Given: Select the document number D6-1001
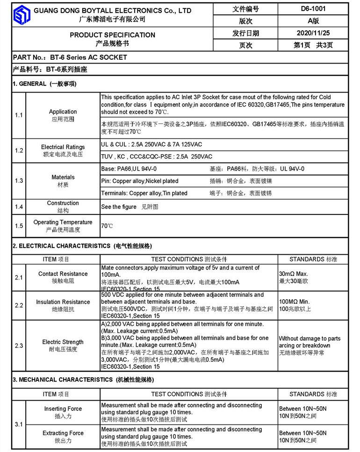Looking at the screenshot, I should click(313, 8).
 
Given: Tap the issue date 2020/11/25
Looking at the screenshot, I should click(313, 33).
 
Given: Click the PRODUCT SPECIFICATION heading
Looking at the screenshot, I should click(112, 35).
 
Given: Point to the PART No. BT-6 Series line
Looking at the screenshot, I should click(70, 57).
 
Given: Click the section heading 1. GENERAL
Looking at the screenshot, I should click(44, 84).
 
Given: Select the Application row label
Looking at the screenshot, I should click(63, 112).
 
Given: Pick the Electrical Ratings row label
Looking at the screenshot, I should click(63, 147).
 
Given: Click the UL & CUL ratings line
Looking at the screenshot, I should click(151, 144).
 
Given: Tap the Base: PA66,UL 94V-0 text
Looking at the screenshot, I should click(129, 169).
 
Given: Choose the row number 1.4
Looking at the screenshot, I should click(19, 207).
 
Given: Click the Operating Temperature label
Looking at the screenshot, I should click(63, 222).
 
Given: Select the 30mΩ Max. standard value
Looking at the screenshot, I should click(293, 274).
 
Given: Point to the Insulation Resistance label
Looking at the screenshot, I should click(63, 302).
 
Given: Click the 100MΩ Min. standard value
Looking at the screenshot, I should click(295, 302).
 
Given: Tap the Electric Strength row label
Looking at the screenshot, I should click(63, 342).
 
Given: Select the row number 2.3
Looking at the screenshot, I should click(19, 345).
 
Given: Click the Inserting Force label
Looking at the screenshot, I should click(63, 409).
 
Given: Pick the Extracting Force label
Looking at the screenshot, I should click(63, 433).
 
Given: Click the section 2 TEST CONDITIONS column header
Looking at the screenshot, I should click(189, 259).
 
